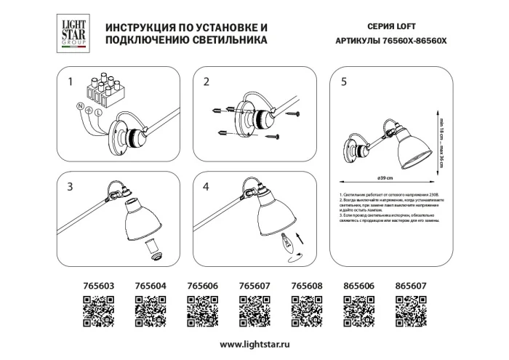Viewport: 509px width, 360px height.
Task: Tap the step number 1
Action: pos(71,82)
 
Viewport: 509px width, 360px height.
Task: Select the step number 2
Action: pos(207,82)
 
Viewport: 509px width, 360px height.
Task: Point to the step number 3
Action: pos(71,187)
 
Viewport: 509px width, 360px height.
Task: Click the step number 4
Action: pos(207,187)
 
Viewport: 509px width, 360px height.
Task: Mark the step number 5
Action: pos(343,82)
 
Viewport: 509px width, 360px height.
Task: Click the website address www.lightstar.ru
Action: pos(254,343)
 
